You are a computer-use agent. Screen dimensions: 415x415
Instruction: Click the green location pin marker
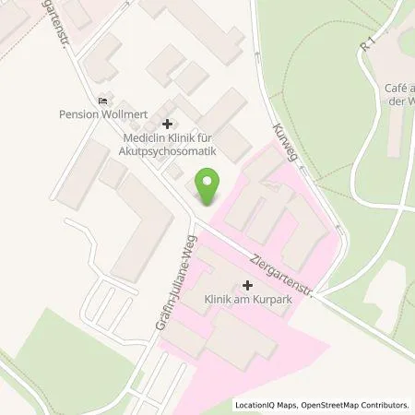[x=208, y=187]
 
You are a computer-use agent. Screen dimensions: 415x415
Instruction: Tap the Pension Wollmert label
[x=101, y=117]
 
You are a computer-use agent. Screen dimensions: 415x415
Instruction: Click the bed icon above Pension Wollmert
[x=101, y=102]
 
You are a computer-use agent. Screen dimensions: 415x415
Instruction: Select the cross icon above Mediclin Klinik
[x=167, y=124]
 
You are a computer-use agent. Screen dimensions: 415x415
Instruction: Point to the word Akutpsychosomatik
[x=167, y=150]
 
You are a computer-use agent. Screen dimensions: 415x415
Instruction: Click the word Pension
[x=77, y=117]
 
